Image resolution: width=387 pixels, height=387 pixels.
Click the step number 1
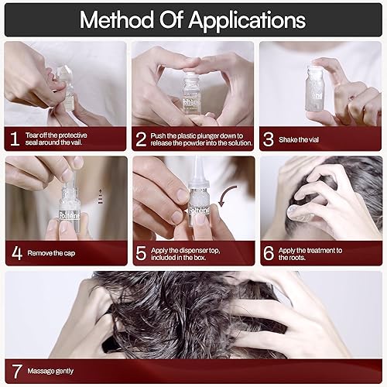click(x=13, y=139)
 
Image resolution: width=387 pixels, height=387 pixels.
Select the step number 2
click(x=142, y=139)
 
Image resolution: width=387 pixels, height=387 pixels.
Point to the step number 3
click(x=269, y=139)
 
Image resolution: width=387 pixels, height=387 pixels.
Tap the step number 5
click(x=142, y=252)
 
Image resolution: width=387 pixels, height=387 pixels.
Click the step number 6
click(x=269, y=252)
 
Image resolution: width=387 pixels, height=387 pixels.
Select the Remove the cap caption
click(x=51, y=252)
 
